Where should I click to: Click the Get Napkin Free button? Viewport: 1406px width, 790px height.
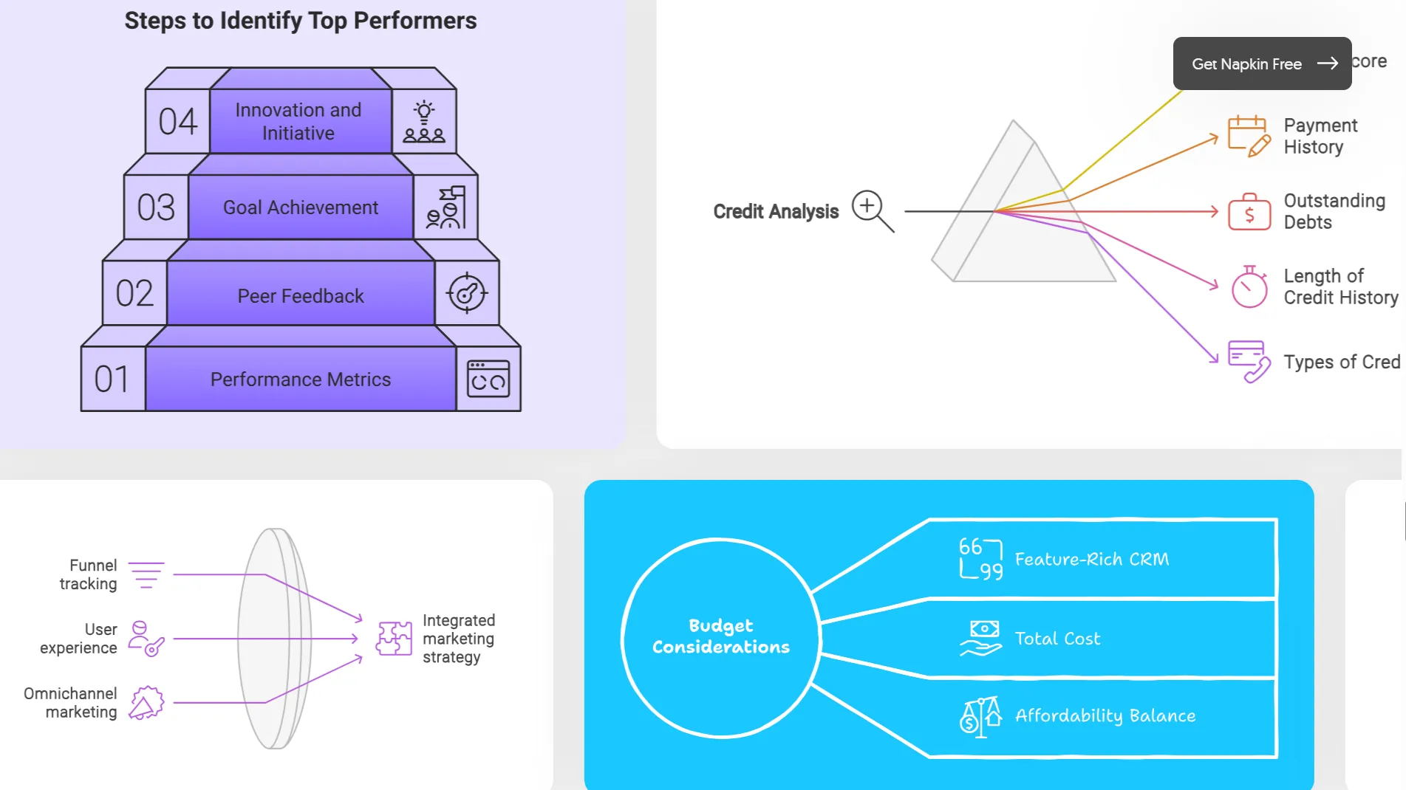pyautogui.click(x=1262, y=63)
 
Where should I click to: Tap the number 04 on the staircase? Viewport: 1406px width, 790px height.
pyautogui.click(x=178, y=122)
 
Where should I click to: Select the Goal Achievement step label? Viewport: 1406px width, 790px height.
pyautogui.click(x=301, y=207)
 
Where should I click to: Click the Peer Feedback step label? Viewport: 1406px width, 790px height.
pyautogui.click(x=301, y=296)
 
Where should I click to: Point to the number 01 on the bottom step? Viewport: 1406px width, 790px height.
pyautogui.click(x=112, y=379)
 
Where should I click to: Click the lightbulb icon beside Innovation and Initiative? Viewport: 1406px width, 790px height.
pyautogui.click(x=424, y=122)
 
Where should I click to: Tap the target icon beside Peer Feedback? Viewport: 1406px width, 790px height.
pyautogui.click(x=467, y=293)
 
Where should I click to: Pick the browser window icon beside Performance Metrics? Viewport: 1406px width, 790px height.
pyautogui.click(x=488, y=379)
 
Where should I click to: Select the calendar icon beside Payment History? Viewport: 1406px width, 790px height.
pyautogui.click(x=1249, y=136)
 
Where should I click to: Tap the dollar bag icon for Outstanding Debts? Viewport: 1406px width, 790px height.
pyautogui.click(x=1249, y=212)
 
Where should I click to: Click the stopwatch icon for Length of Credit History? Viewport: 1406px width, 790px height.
pyautogui.click(x=1249, y=286)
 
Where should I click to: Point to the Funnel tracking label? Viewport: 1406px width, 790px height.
pyautogui.click(x=89, y=574)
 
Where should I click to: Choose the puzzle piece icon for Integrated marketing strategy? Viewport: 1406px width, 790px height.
pyautogui.click(x=394, y=639)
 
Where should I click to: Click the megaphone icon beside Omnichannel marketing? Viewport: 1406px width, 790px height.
pyautogui.click(x=146, y=702)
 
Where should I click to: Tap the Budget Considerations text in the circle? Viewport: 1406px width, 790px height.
pyautogui.click(x=721, y=636)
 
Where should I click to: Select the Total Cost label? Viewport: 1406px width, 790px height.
pyautogui.click(x=1057, y=639)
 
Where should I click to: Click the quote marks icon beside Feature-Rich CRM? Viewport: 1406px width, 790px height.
pyautogui.click(x=980, y=558)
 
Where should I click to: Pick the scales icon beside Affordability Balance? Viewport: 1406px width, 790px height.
pyautogui.click(x=980, y=716)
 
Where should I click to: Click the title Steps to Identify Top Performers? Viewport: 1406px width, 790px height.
pyautogui.click(x=301, y=21)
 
